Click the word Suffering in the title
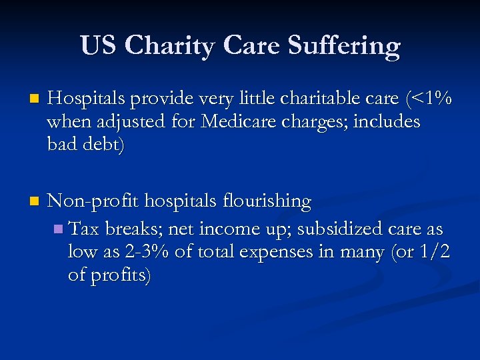point(344,46)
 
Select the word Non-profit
point(94,201)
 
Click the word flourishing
point(265,201)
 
